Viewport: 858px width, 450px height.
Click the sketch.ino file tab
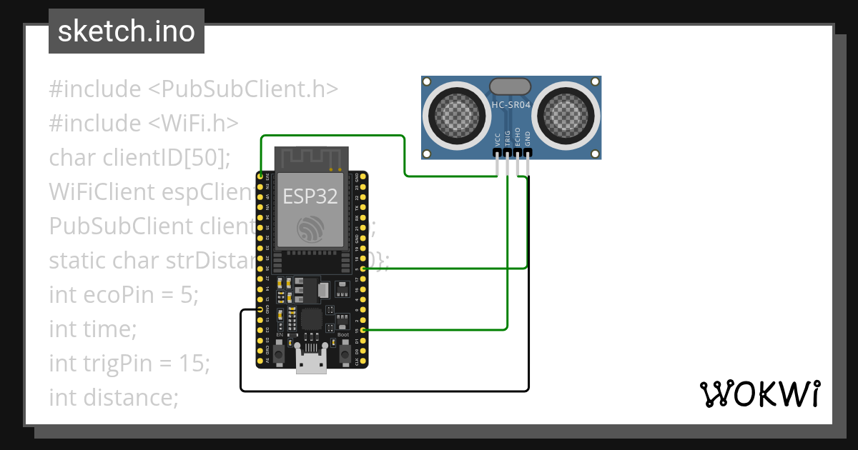pos(126,31)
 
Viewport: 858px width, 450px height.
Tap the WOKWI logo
pos(759,394)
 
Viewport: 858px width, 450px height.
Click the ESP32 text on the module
pos(310,196)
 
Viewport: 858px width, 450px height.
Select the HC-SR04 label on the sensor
pos(511,105)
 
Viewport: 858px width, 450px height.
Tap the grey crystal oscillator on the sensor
pos(510,86)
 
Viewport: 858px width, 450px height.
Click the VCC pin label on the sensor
pos(498,139)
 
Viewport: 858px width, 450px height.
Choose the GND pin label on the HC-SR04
pos(528,139)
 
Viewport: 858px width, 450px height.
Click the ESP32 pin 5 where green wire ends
pos(364,269)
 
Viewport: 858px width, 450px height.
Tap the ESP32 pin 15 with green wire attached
pos(364,330)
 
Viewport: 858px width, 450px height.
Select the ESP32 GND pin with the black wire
pos(260,309)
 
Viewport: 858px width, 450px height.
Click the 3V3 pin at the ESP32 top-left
pos(260,176)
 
